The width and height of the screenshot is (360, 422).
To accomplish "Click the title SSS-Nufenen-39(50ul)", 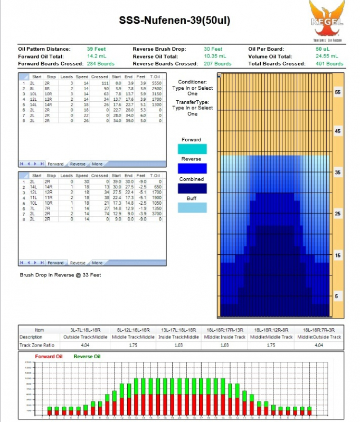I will pos(175,21).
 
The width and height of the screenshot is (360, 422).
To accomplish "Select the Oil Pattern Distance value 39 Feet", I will pos(96,49).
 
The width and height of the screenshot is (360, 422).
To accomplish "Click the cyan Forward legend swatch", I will pos(191,149).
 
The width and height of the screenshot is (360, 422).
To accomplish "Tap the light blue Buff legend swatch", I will pos(191,208).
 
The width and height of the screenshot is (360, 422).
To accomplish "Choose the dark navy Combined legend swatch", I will pos(191,188).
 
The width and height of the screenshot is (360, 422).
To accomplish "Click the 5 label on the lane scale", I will pos(337,296).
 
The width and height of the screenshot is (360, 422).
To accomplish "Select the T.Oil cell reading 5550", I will pos(155,83).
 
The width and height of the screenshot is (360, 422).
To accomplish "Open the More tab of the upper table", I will pos(97,164).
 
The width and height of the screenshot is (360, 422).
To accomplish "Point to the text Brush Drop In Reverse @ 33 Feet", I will pos(60,275).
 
